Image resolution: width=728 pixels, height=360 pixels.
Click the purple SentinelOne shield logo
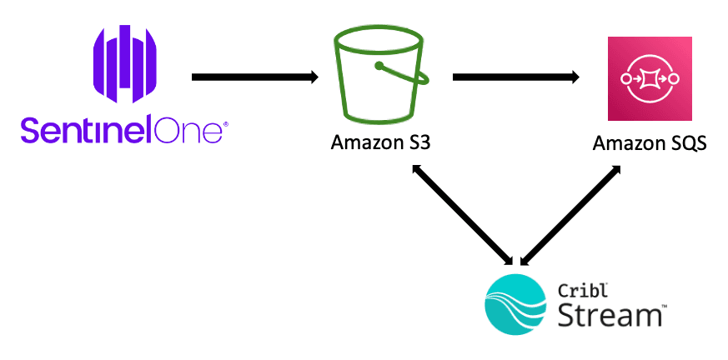pyautogui.click(x=125, y=65)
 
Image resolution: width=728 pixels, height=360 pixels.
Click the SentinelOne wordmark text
pyautogui.click(x=123, y=132)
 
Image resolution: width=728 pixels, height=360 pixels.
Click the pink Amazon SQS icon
pyautogui.click(x=650, y=78)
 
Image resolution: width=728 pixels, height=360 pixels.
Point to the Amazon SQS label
pyautogui.click(x=650, y=143)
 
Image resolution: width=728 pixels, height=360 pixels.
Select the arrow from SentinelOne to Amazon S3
pyautogui.click(x=254, y=77)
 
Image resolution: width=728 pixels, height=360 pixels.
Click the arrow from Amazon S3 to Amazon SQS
pyautogui.click(x=515, y=77)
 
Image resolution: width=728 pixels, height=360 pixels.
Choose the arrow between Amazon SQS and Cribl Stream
pyautogui.click(x=570, y=213)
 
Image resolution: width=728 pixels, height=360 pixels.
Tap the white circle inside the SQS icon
pyautogui.click(x=650, y=78)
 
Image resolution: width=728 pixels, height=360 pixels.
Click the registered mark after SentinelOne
pyautogui.click(x=227, y=124)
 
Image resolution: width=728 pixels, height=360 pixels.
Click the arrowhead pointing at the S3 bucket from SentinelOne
pyautogui.click(x=314, y=77)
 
